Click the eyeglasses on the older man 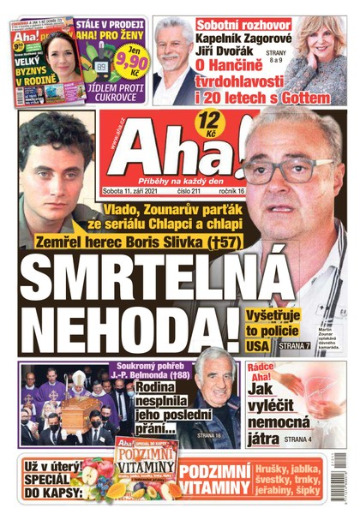pyautogui.click(x=287, y=171)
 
